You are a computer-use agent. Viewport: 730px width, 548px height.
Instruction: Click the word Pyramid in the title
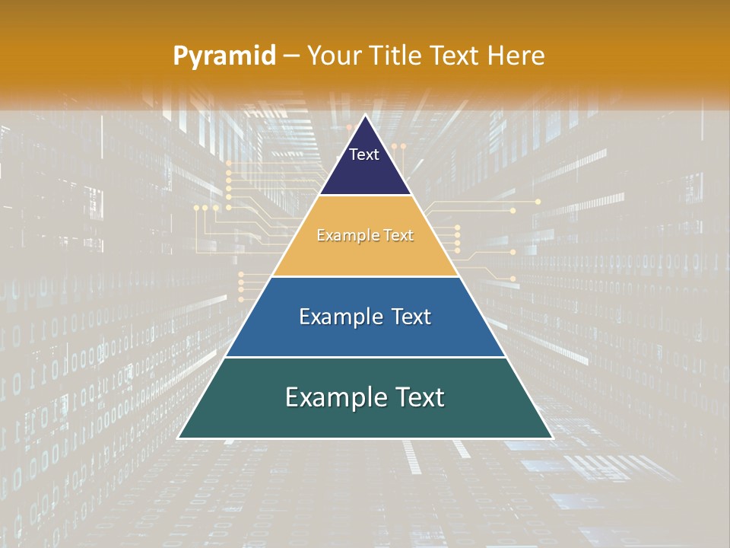tap(224, 56)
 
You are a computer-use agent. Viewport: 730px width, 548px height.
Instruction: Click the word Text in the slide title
tap(456, 56)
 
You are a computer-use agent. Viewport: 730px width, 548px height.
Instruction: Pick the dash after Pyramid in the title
tap(291, 56)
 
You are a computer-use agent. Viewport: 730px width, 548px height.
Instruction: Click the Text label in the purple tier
tap(364, 155)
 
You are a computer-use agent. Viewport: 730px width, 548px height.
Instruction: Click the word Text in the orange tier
tap(397, 236)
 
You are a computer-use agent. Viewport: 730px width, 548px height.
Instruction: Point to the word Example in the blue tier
tap(336, 317)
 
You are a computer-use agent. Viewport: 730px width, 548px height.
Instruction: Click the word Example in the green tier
tap(331, 397)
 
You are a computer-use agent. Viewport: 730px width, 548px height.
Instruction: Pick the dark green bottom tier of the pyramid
tap(365, 422)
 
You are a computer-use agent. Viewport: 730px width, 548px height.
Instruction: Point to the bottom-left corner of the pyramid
tap(179, 438)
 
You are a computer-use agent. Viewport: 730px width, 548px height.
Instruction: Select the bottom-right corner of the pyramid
tap(552, 438)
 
